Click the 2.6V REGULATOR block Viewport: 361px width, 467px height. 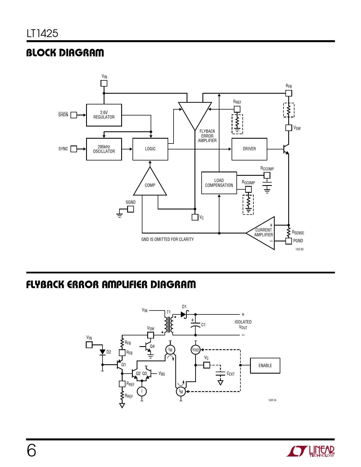104,115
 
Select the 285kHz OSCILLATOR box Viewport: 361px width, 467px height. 104,149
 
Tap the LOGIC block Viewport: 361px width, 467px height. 150,149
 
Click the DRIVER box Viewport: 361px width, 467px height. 249,149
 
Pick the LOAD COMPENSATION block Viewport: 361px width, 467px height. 219,183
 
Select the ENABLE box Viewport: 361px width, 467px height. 265,365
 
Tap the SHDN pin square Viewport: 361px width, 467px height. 74,115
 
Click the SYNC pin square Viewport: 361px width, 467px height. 74,149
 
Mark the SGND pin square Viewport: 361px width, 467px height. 131,209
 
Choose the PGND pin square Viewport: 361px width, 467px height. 289,241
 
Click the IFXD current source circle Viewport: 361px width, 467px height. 196,350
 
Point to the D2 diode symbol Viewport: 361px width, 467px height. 102,352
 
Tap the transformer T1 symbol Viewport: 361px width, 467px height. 169,324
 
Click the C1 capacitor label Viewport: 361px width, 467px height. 203,325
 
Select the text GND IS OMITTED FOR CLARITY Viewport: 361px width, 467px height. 167,239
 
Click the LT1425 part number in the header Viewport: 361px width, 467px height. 42,33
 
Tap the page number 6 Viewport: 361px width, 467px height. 31,450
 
